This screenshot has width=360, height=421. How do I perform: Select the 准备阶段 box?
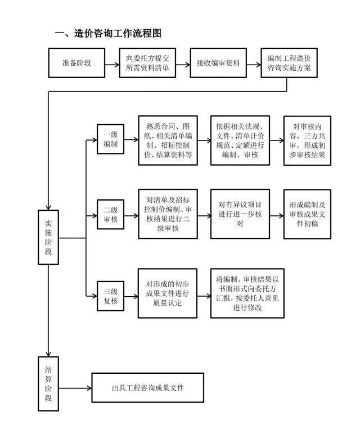[76, 64]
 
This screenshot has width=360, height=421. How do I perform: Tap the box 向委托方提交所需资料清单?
[147, 64]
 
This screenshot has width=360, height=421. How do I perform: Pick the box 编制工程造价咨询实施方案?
[289, 64]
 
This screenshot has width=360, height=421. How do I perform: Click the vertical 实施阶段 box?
[49, 237]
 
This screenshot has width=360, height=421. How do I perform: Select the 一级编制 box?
[110, 140]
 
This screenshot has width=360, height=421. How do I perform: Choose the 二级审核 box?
[110, 214]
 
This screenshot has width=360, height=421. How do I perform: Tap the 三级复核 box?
[110, 295]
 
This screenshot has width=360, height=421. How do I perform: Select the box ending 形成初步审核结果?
[307, 140]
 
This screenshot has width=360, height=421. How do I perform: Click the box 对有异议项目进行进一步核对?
[240, 214]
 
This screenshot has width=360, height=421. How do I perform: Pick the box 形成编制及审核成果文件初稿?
[307, 214]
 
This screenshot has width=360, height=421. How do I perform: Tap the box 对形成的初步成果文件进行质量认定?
[168, 293]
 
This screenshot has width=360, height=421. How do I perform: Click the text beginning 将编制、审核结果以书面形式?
[248, 293]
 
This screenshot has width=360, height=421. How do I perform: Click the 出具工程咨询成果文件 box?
[147, 388]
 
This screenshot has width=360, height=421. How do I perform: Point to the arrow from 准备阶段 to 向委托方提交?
[112, 64]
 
